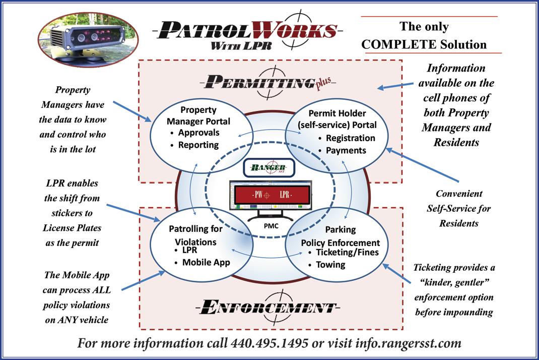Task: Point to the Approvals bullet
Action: (x=198, y=133)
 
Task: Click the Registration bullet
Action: (x=350, y=138)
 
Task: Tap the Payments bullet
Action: (x=346, y=150)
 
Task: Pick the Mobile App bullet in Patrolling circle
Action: (x=206, y=262)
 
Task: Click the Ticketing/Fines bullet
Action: (x=347, y=253)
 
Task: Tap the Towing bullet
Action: (x=330, y=265)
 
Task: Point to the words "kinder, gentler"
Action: (x=453, y=283)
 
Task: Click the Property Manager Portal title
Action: (x=198, y=115)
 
